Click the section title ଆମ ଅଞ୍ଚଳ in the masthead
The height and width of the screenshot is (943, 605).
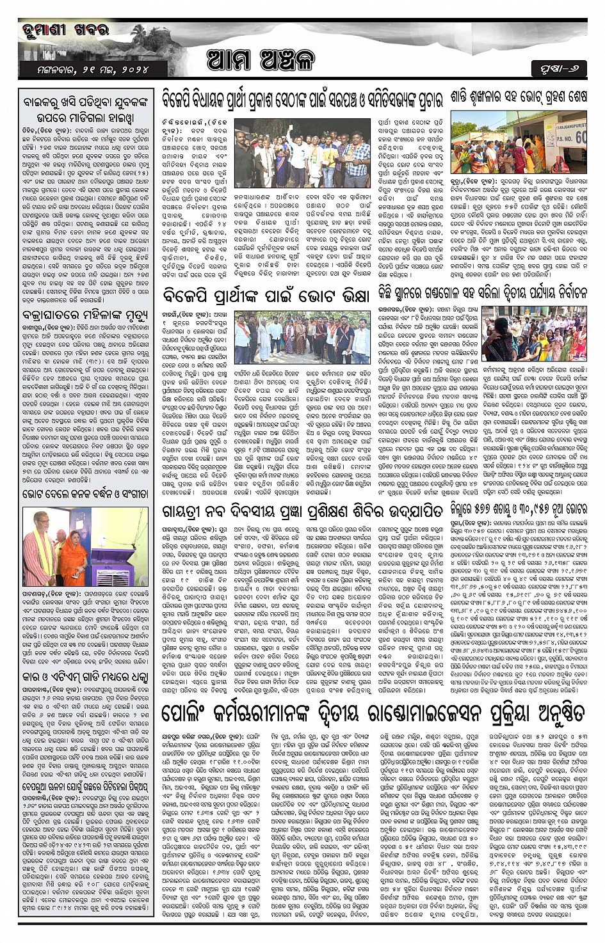261,61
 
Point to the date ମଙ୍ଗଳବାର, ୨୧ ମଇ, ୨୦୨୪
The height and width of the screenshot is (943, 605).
84,68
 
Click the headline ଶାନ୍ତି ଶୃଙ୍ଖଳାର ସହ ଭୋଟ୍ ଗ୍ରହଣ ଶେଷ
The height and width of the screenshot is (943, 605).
517,99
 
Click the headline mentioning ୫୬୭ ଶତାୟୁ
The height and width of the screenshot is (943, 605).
518,509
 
